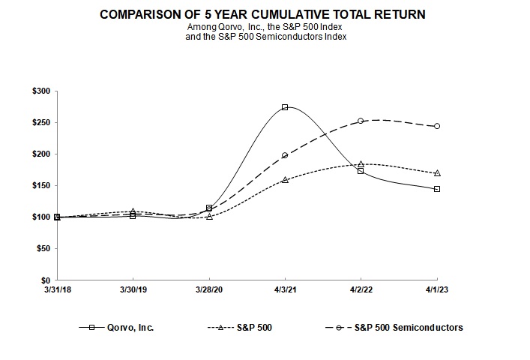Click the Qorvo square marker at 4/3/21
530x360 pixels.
(285, 107)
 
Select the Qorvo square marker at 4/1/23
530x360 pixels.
(437, 189)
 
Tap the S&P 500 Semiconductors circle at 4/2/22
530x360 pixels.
(361, 121)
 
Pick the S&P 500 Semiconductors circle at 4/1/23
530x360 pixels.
(437, 126)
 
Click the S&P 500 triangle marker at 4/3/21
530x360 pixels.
(285, 180)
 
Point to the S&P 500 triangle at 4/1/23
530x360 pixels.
(437, 173)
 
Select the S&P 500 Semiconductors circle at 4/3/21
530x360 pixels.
(285, 155)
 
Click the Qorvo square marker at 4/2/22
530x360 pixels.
(361, 171)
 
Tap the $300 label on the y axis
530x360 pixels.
(40, 91)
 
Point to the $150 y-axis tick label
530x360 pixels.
(40, 185)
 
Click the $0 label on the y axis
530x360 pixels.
(45, 280)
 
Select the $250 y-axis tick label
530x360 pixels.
(40, 122)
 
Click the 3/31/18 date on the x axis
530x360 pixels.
(57, 289)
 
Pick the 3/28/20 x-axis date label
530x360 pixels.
(209, 289)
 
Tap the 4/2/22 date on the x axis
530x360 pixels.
(361, 289)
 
